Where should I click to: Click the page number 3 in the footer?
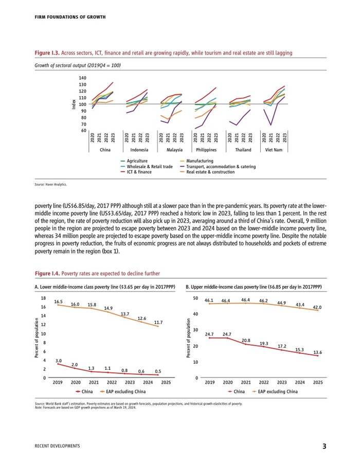(x=324, y=446)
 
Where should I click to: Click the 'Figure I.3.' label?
(x=47, y=53)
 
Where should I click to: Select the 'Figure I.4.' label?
(x=47, y=273)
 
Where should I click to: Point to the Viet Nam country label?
(x=274, y=150)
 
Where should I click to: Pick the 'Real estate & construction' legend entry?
(x=210, y=172)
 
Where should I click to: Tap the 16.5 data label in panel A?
(x=58, y=301)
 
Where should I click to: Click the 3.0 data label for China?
(x=58, y=361)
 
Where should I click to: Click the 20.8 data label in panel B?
(x=246, y=340)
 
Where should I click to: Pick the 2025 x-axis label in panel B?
(x=318, y=383)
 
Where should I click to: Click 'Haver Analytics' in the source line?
(x=57, y=184)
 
